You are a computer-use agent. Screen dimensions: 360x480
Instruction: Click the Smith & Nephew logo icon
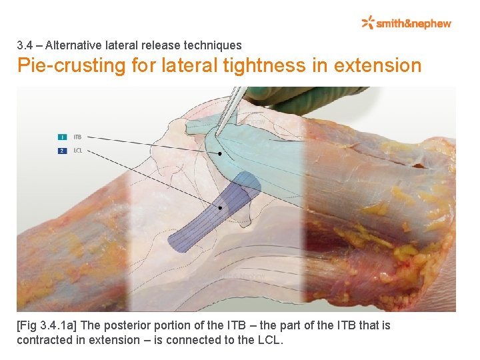point(368,23)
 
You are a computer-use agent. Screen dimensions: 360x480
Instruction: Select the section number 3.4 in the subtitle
point(25,45)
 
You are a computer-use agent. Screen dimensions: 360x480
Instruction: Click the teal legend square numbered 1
point(62,137)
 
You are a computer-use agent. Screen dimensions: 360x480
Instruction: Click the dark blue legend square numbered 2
point(62,151)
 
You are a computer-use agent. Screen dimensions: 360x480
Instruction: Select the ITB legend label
point(77,137)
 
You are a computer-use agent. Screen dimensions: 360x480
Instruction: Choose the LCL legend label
point(78,151)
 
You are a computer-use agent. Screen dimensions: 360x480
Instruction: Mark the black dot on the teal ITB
point(219,154)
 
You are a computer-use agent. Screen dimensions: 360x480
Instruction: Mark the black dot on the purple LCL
point(220,208)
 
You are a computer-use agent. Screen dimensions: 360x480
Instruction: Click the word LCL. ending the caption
point(271,340)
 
